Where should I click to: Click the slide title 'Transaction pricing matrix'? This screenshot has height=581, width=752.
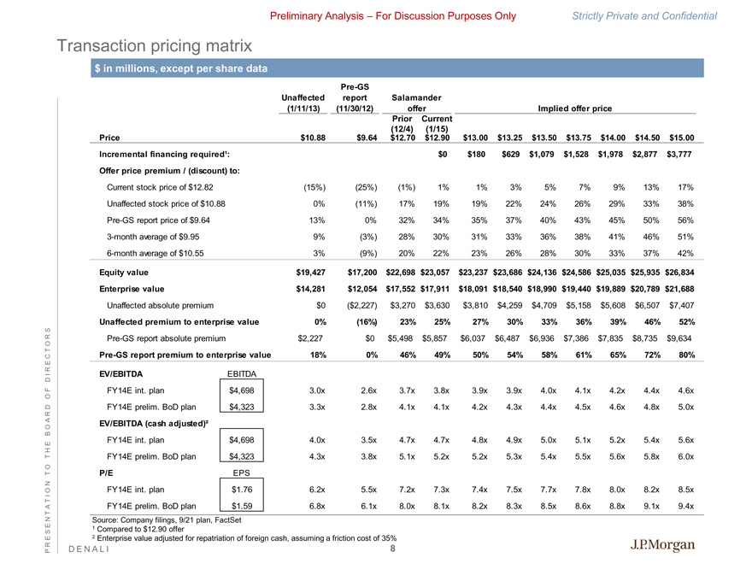pyautogui.click(x=155, y=44)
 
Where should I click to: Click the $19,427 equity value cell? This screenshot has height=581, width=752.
pyautogui.click(x=311, y=273)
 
